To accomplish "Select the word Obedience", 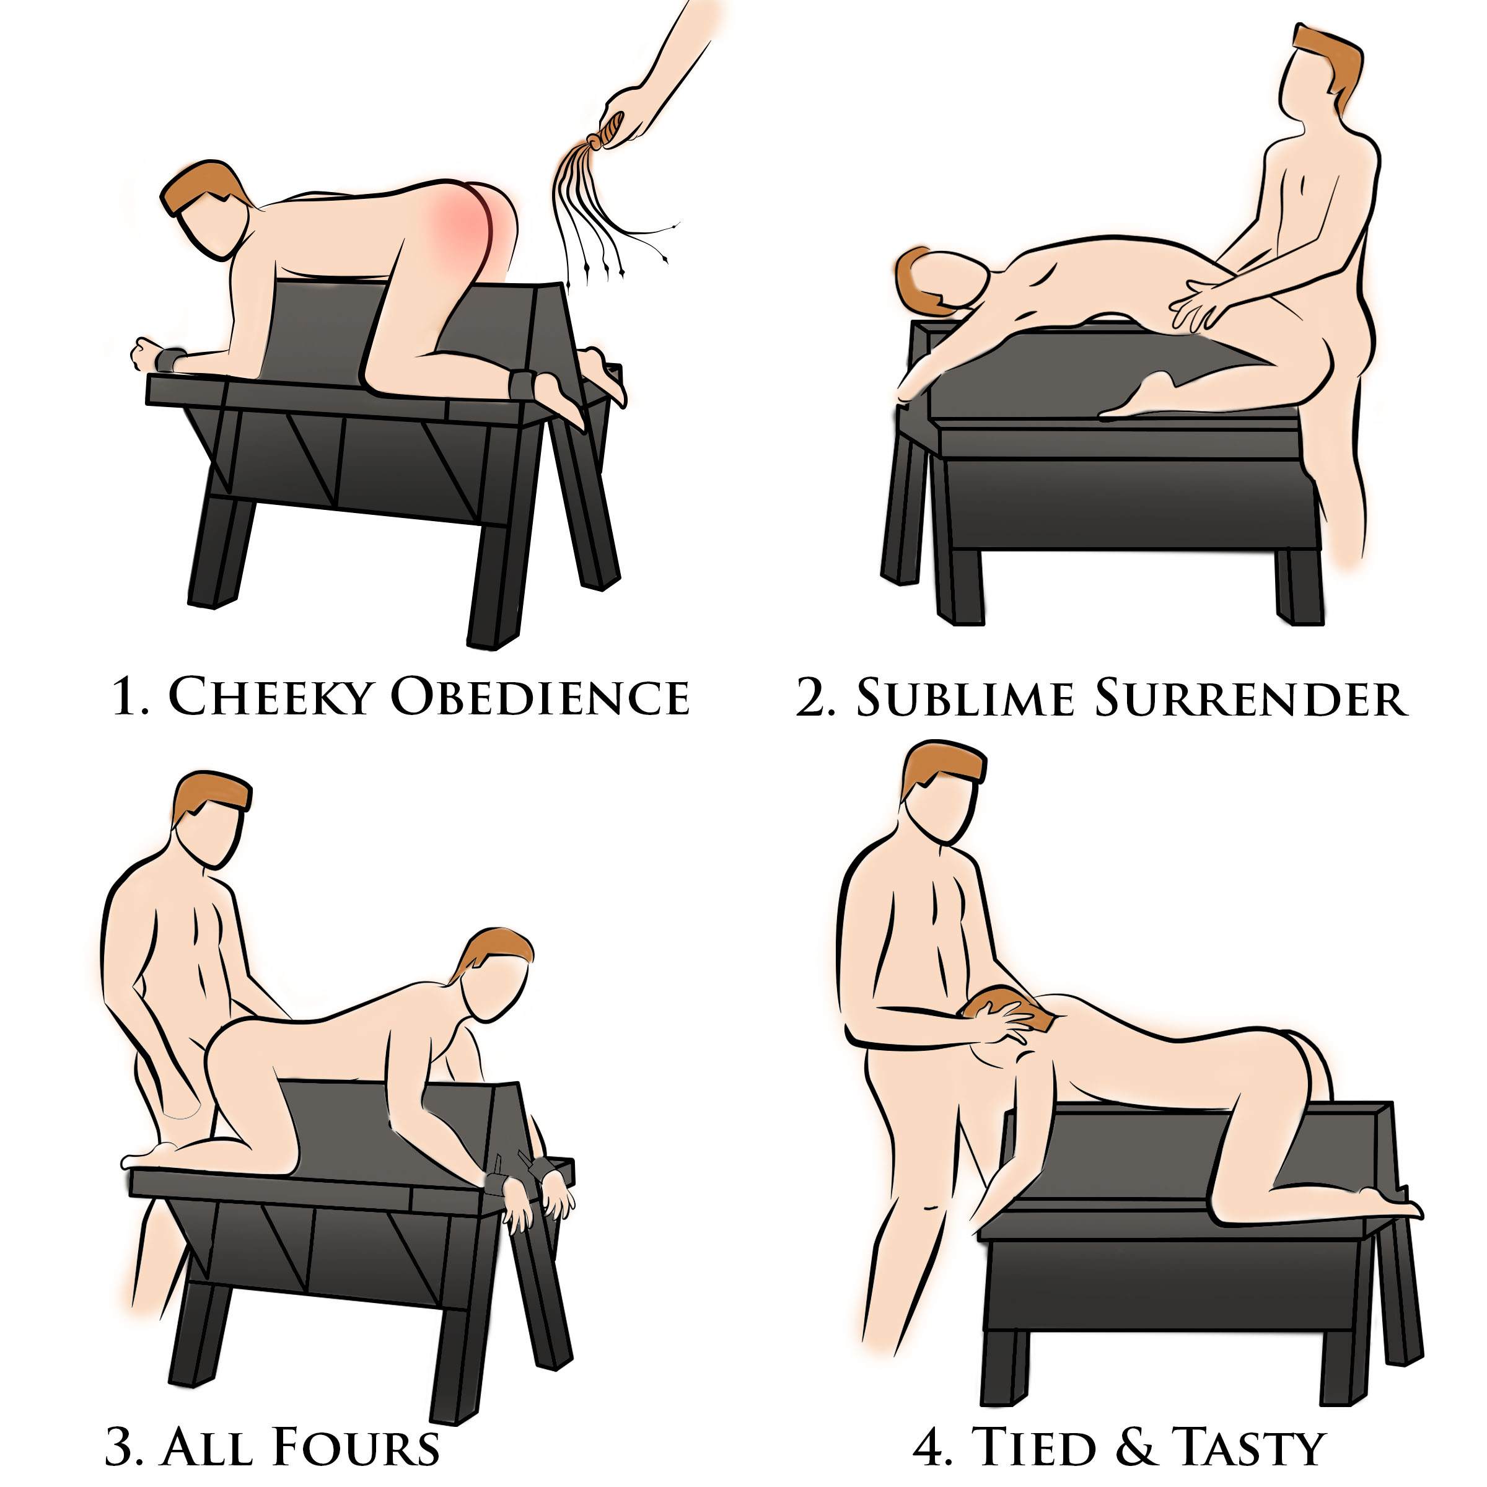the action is [540, 696].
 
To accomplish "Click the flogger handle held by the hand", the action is [610, 130].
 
